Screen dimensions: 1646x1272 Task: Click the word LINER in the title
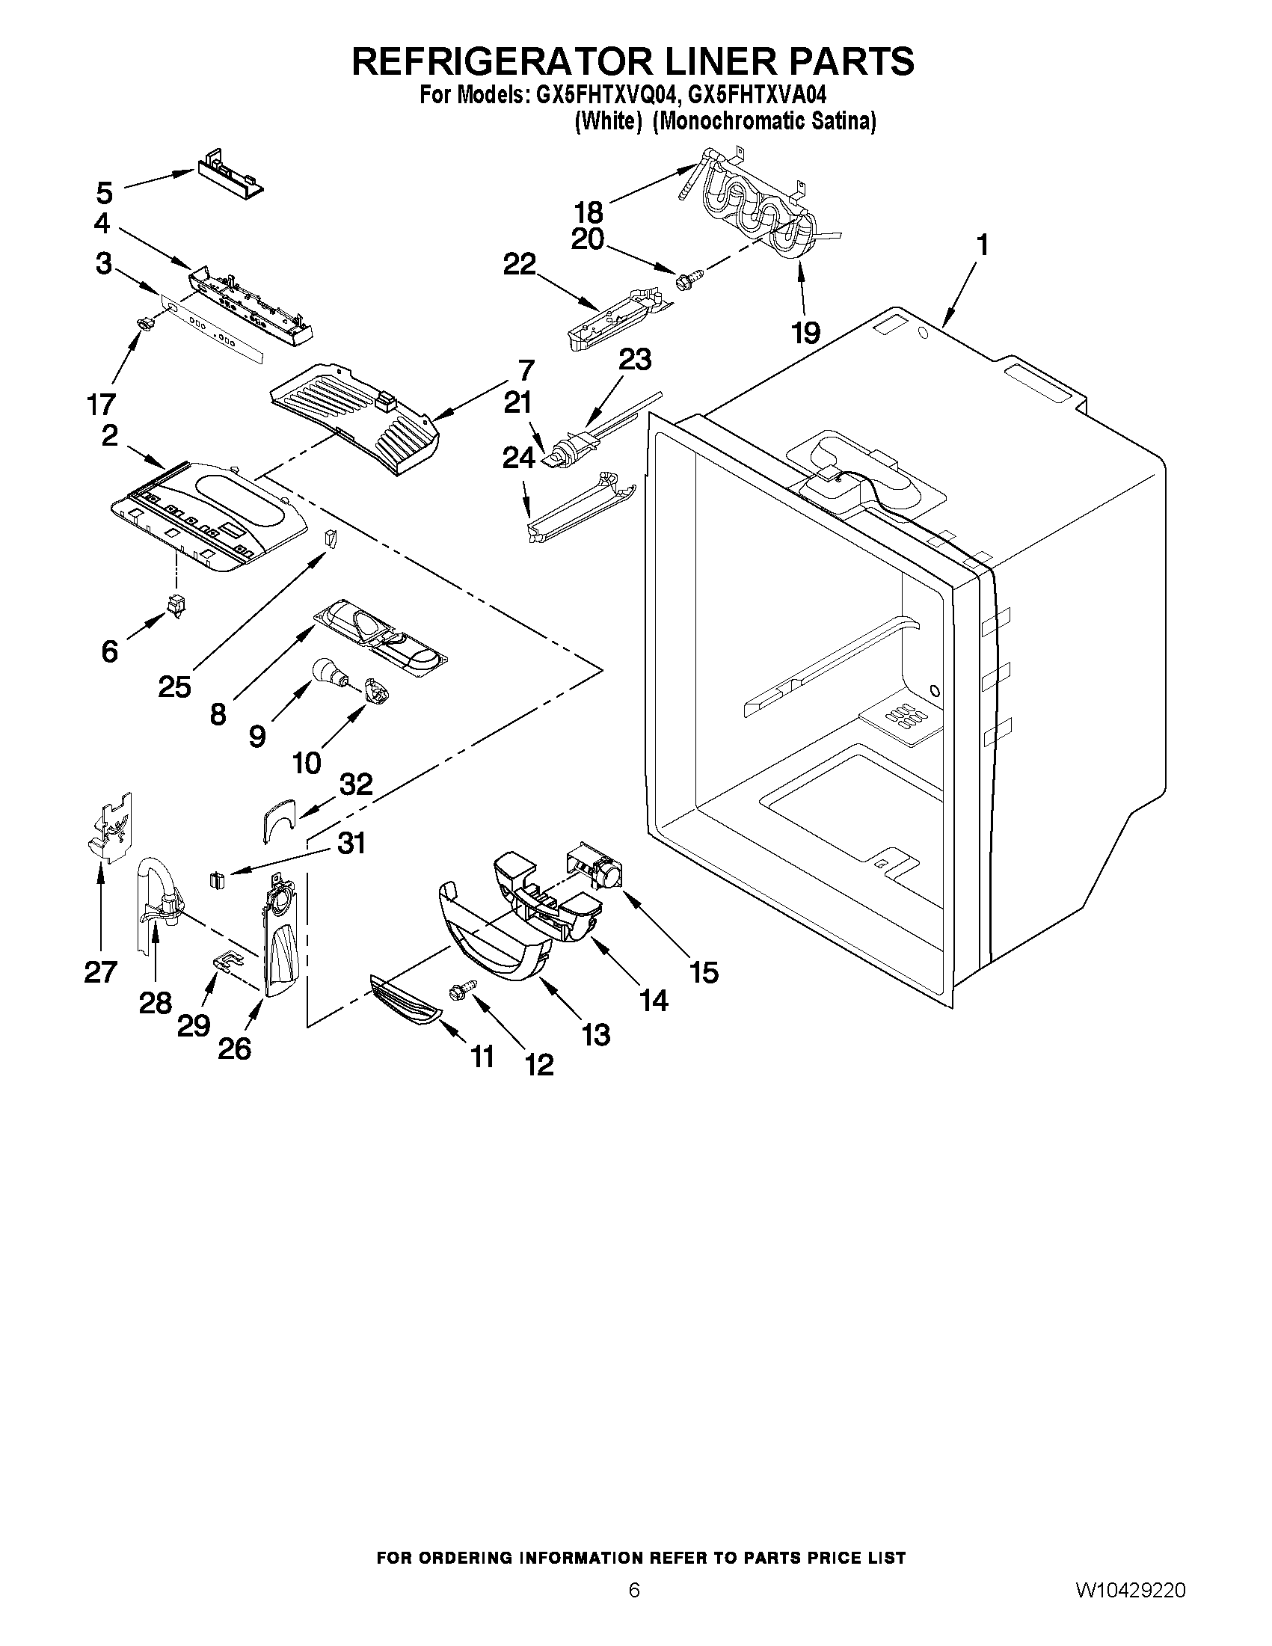[646, 62]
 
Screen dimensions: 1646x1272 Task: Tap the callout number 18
[589, 212]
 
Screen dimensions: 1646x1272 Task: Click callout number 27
[101, 971]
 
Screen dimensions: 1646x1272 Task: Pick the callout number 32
[356, 784]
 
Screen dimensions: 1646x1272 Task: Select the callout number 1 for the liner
[982, 246]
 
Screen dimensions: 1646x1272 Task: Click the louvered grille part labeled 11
[404, 1001]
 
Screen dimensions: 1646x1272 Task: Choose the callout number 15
[703, 972]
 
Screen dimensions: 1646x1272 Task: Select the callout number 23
[634, 360]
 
